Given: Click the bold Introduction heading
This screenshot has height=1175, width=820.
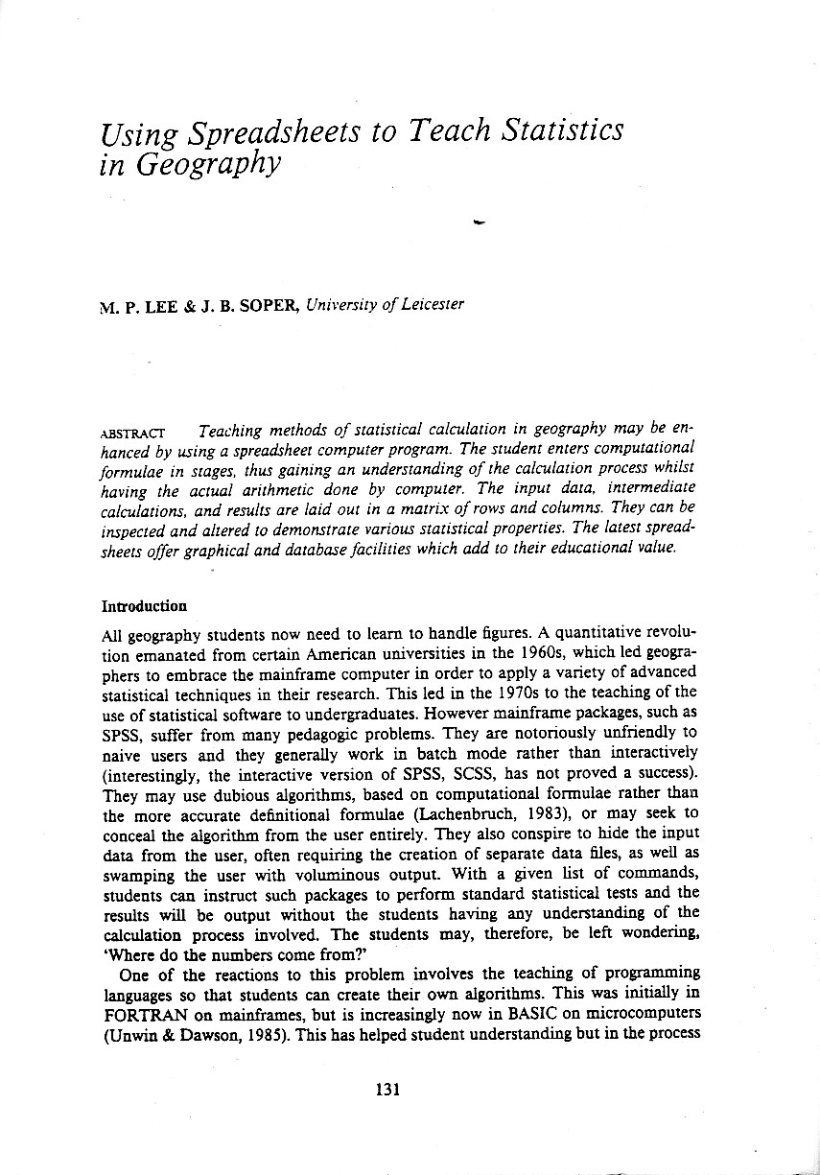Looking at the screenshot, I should pyautogui.click(x=144, y=606).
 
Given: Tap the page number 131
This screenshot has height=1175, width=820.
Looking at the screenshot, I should pyautogui.click(x=387, y=1089).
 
